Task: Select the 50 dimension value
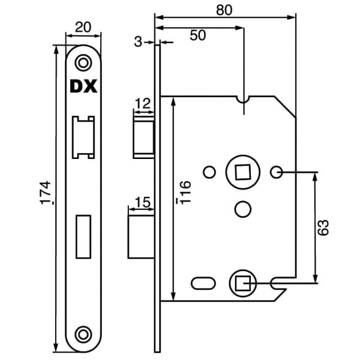pyautogui.click(x=197, y=35)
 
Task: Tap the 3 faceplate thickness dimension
pyautogui.click(x=139, y=42)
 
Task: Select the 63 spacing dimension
pyautogui.click(x=324, y=228)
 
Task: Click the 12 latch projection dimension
pyautogui.click(x=143, y=104)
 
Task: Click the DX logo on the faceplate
pyautogui.click(x=83, y=87)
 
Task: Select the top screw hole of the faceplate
pyautogui.click(x=83, y=62)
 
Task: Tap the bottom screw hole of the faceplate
pyautogui.click(x=83, y=334)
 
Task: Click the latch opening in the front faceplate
pyautogui.click(x=83, y=137)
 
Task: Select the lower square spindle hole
pyautogui.click(x=243, y=281)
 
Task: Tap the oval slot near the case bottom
pyautogui.click(x=202, y=282)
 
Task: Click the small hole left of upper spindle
pyautogui.click(x=209, y=173)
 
